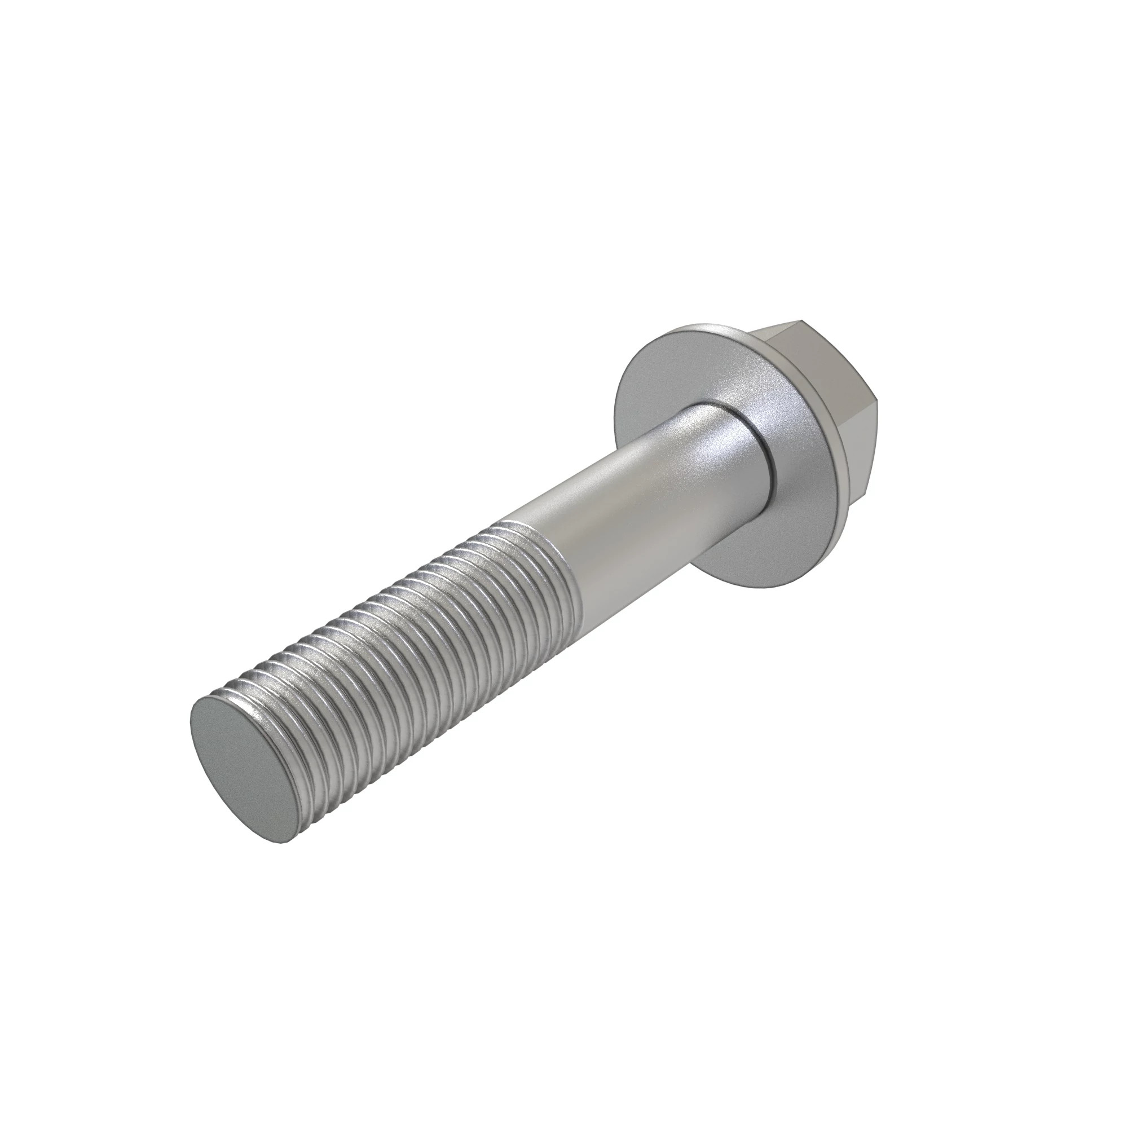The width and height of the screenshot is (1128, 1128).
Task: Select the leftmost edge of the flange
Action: pyautogui.click(x=615, y=409)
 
